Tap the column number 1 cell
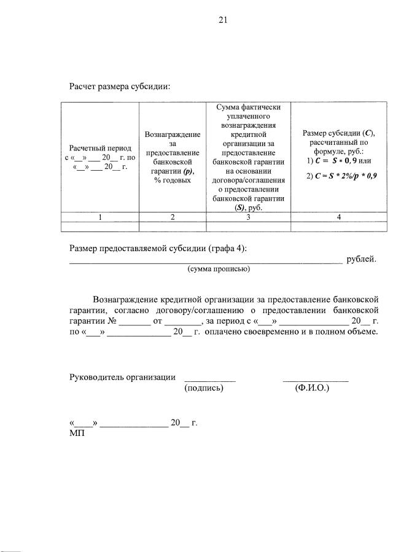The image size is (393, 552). click(x=101, y=216)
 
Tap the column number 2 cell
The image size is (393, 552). click(x=173, y=216)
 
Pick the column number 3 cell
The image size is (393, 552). click(x=248, y=216)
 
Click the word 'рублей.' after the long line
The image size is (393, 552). click(x=361, y=259)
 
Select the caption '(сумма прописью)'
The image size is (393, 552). click(x=218, y=268)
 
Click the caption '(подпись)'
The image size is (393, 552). click(x=203, y=388)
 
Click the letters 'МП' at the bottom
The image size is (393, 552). click(x=76, y=433)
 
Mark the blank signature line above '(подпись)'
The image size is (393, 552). click(x=210, y=381)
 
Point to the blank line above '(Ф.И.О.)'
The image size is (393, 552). click(x=316, y=381)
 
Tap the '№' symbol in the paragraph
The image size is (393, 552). click(x=112, y=321)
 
